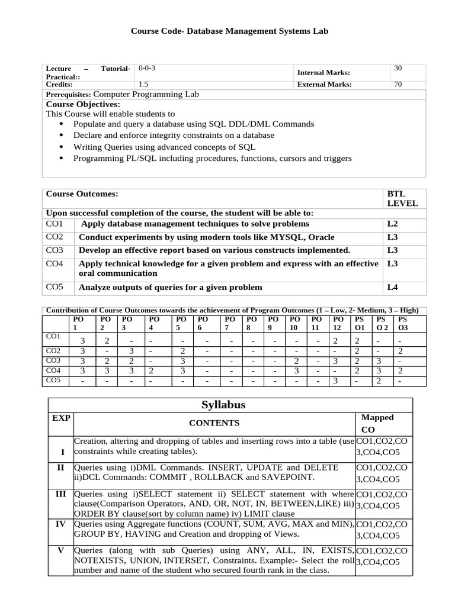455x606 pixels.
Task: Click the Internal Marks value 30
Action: (x=398, y=69)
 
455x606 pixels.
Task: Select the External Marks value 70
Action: (x=398, y=85)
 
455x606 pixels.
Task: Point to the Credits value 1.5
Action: (x=143, y=85)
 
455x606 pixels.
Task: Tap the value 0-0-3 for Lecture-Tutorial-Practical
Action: (x=147, y=68)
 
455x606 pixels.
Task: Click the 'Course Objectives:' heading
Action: (x=83, y=104)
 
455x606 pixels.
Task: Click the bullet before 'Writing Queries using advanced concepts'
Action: (x=62, y=147)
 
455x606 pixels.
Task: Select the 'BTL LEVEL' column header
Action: (x=402, y=198)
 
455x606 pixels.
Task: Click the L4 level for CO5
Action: (x=392, y=288)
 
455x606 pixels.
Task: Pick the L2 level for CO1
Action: (x=392, y=224)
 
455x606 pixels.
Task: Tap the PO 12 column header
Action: (x=338, y=323)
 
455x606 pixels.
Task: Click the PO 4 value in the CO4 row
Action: (x=151, y=371)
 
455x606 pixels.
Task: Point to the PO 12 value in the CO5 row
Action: (x=335, y=381)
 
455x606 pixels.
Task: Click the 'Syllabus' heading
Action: (x=223, y=405)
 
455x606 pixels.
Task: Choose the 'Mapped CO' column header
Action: (x=377, y=423)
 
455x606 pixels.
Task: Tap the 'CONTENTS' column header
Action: (x=214, y=423)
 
